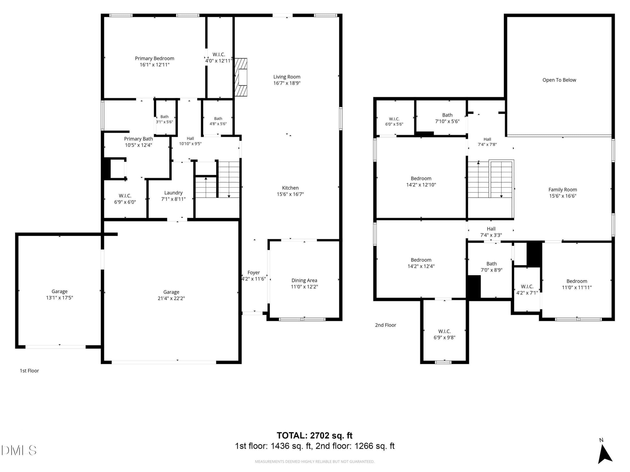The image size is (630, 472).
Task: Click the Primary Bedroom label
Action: [x=154, y=58]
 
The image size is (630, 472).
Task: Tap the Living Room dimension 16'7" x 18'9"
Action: [x=287, y=83]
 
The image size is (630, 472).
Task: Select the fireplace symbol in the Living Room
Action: [x=241, y=77]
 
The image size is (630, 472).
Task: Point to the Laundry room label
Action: [x=173, y=193]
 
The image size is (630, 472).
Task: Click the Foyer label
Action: [x=253, y=273]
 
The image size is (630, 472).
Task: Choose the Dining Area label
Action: [x=304, y=280]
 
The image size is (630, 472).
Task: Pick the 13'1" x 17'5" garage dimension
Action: [x=60, y=298]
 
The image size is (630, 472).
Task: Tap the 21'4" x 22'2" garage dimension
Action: [x=171, y=298]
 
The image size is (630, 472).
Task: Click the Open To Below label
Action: [x=559, y=80]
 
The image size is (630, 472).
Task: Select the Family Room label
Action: [x=563, y=190]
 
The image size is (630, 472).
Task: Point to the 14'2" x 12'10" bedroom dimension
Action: [x=421, y=185]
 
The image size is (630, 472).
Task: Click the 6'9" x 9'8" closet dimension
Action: [x=444, y=338]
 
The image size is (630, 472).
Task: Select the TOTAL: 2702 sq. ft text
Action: [x=315, y=436]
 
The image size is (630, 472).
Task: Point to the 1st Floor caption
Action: [x=29, y=371]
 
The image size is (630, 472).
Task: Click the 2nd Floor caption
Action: [x=385, y=325]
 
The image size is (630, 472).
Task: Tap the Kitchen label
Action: [x=290, y=188]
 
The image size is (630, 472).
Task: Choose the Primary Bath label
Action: [x=138, y=139]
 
